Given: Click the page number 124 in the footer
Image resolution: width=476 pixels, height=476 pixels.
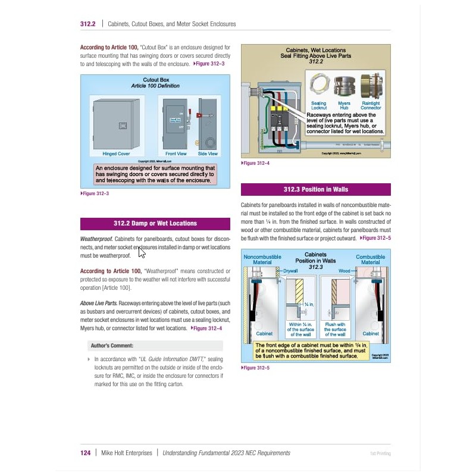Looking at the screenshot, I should coord(85,453).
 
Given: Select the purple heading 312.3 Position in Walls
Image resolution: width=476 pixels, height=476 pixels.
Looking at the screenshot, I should coord(315,189).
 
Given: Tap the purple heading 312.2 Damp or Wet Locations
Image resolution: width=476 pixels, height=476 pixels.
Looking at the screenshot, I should coord(155,223).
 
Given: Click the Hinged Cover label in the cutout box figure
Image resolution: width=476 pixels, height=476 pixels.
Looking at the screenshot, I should coord(116,154).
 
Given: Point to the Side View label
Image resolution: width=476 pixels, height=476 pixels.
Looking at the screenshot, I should coord(208,154).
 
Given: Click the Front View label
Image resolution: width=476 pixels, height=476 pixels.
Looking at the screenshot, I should coord(176,154).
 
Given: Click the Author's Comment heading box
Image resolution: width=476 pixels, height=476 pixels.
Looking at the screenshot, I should coord(151,345).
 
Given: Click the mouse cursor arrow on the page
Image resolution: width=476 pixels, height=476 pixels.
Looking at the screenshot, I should coord(142,252).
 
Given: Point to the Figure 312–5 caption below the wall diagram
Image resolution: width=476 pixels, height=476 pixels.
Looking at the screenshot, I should coord(256,368).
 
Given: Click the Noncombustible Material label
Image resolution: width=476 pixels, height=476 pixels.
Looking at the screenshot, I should coord(262,259).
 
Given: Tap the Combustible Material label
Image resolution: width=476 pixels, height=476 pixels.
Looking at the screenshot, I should coord(370,259).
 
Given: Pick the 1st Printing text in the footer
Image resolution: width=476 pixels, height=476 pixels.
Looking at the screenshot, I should coord(380,453).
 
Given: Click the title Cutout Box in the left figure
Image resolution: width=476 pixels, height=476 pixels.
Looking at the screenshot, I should coord(156,80).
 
